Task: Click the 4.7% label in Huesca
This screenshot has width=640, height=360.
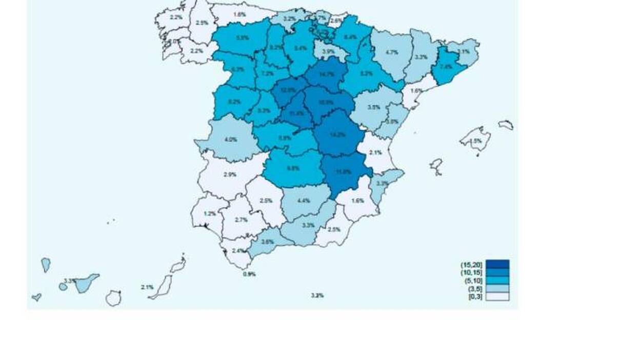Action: [392, 52]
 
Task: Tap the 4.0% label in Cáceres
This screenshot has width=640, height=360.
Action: [231, 139]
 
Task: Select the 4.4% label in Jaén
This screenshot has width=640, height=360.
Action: [304, 201]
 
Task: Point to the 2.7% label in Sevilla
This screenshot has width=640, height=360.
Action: [241, 219]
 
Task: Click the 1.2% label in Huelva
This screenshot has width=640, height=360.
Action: [209, 213]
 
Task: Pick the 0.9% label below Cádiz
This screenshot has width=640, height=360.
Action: [249, 274]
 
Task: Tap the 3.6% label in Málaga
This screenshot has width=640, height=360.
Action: [267, 242]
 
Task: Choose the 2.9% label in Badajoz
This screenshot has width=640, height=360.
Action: [230, 174]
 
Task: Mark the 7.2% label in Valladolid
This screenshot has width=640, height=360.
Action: [267, 73]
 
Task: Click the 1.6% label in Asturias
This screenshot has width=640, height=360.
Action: [239, 14]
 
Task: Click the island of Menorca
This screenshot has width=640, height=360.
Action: [506, 125]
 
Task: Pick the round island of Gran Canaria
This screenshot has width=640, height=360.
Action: [113, 298]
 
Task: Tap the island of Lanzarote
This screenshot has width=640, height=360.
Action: [178, 265]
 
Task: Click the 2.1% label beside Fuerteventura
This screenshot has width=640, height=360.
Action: [147, 287]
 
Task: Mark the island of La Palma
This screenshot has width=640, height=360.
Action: [46, 265]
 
